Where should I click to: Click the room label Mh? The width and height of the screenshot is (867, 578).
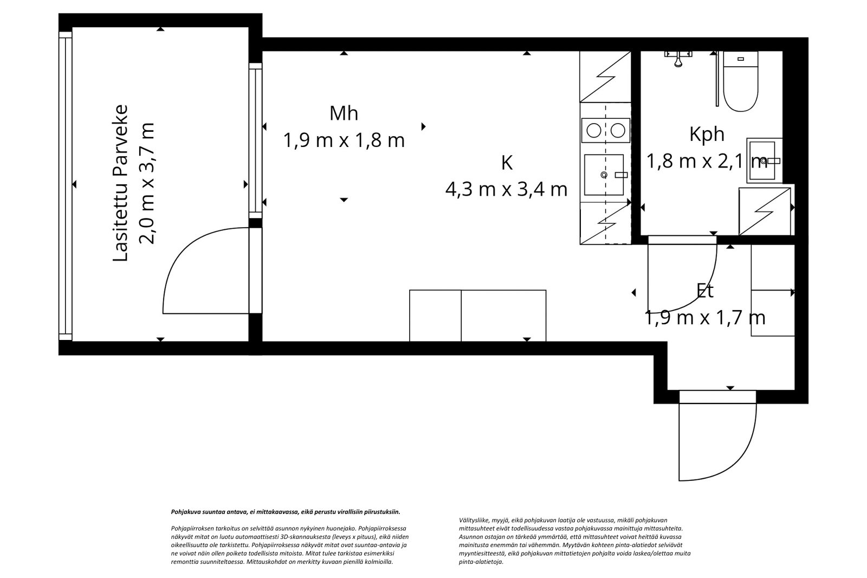tap(344, 113)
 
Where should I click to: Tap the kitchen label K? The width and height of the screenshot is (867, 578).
tap(507, 163)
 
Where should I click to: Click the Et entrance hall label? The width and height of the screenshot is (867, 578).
tap(705, 291)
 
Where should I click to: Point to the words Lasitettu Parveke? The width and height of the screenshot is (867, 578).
tap(120, 183)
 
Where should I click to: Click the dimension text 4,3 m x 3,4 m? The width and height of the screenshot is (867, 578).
tap(506, 189)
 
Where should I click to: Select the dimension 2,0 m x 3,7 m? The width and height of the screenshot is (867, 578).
tap(147, 183)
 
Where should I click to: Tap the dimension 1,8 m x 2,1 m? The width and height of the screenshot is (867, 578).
tap(707, 161)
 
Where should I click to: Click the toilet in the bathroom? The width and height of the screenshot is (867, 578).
tap(740, 81)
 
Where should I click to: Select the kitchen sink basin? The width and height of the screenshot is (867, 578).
tap(604, 175)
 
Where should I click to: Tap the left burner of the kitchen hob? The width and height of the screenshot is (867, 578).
tap(594, 131)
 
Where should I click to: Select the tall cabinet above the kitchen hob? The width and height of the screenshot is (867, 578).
tap(605, 76)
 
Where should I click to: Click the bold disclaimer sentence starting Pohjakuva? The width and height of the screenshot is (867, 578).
tap(286, 512)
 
